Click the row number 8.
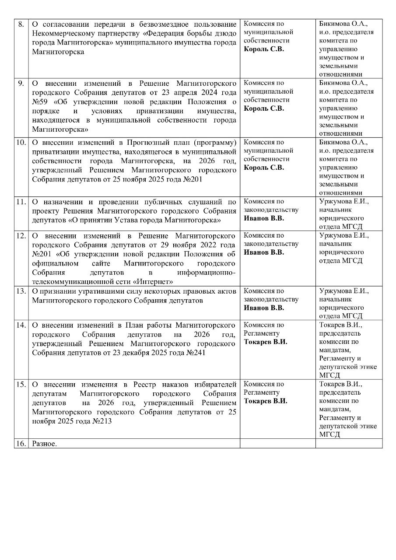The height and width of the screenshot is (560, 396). pyautogui.click(x=21, y=24)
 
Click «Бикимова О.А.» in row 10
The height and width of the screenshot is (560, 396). pyautogui.click(x=343, y=143)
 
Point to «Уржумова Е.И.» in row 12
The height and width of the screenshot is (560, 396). pyautogui.click(x=344, y=235)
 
